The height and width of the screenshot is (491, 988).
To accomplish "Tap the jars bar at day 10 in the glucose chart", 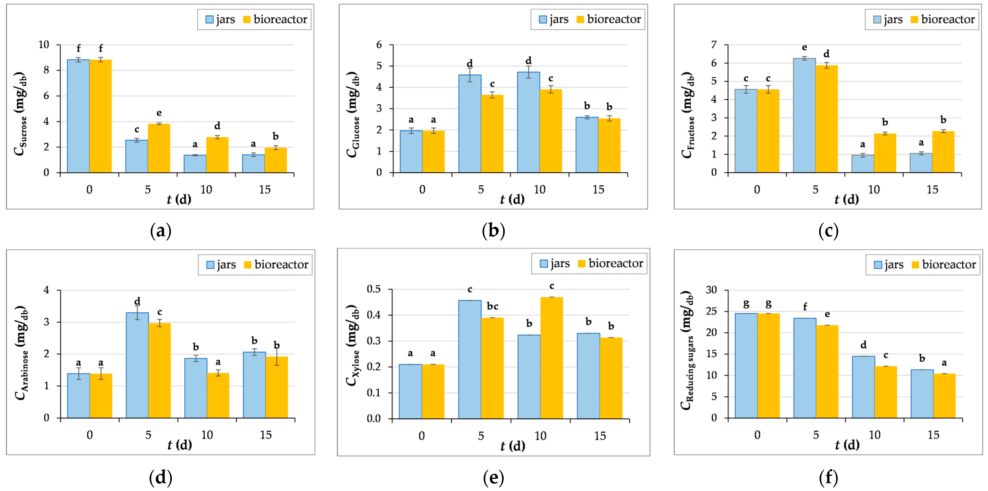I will pyautogui.click(x=528, y=122).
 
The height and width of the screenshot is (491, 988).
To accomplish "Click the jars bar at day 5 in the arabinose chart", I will pyautogui.click(x=137, y=365).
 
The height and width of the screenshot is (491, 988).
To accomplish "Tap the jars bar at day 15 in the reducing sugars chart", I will pyautogui.click(x=922, y=394).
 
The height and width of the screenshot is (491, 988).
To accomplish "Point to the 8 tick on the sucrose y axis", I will pyautogui.click(x=46, y=70).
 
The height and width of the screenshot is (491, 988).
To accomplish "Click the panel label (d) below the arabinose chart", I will pyautogui.click(x=160, y=478).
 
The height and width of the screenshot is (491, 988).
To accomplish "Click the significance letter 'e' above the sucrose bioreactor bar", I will pyautogui.click(x=159, y=113).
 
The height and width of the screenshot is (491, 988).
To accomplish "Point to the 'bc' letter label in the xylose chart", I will pyautogui.click(x=492, y=306).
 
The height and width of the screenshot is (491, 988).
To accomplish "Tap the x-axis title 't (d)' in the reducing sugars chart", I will pyautogui.click(x=847, y=445).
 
